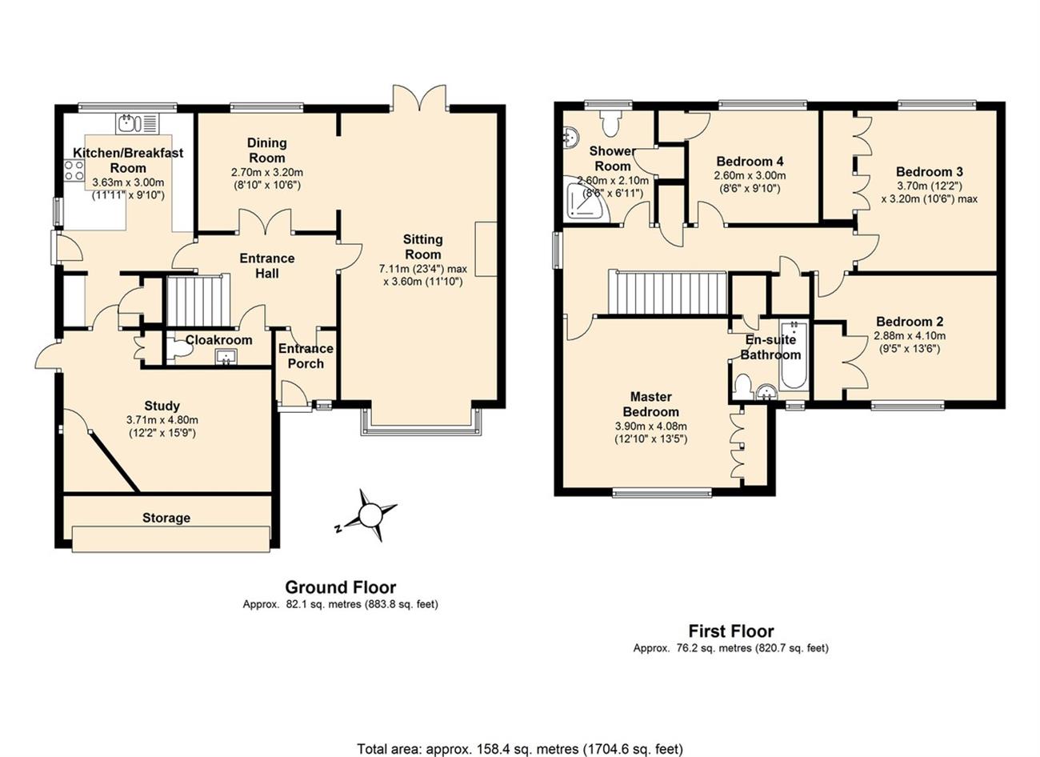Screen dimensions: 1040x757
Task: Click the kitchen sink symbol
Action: (138, 123)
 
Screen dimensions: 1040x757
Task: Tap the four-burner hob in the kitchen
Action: (74, 170)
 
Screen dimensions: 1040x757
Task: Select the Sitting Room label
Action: (422, 247)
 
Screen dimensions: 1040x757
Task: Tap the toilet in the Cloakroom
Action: (180, 349)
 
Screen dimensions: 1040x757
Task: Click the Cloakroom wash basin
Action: (226, 357)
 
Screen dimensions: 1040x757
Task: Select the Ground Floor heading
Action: (340, 587)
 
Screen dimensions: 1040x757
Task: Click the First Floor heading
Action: (730, 631)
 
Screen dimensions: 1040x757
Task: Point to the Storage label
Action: (166, 518)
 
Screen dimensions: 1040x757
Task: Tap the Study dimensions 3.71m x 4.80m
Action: (162, 420)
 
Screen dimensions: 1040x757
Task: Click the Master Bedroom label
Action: (651, 404)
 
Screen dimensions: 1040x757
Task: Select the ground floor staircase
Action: (198, 301)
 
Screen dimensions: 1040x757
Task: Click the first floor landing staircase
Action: (667, 294)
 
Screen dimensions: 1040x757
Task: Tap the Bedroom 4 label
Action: (750, 161)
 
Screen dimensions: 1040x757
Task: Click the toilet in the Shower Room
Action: (609, 122)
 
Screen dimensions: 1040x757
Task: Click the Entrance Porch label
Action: (306, 356)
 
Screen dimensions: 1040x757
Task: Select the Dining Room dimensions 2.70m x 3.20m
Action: (267, 172)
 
